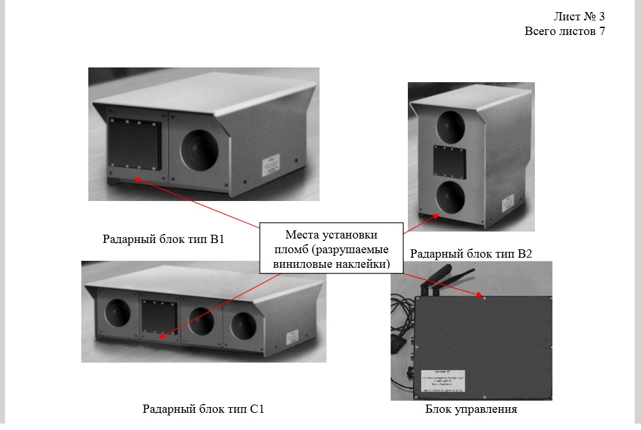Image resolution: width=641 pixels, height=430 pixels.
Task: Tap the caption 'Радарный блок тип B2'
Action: point(471,254)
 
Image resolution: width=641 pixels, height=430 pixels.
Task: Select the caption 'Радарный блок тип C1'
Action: point(203,409)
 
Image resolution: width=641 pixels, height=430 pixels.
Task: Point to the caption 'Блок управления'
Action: point(471,409)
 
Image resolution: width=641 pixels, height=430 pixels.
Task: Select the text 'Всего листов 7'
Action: point(564,31)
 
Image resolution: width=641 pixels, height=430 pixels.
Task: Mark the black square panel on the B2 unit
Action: point(450,162)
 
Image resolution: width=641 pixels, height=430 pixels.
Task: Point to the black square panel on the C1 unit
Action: point(158,316)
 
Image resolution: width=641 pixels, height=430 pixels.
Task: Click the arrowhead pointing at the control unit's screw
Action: point(479,295)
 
